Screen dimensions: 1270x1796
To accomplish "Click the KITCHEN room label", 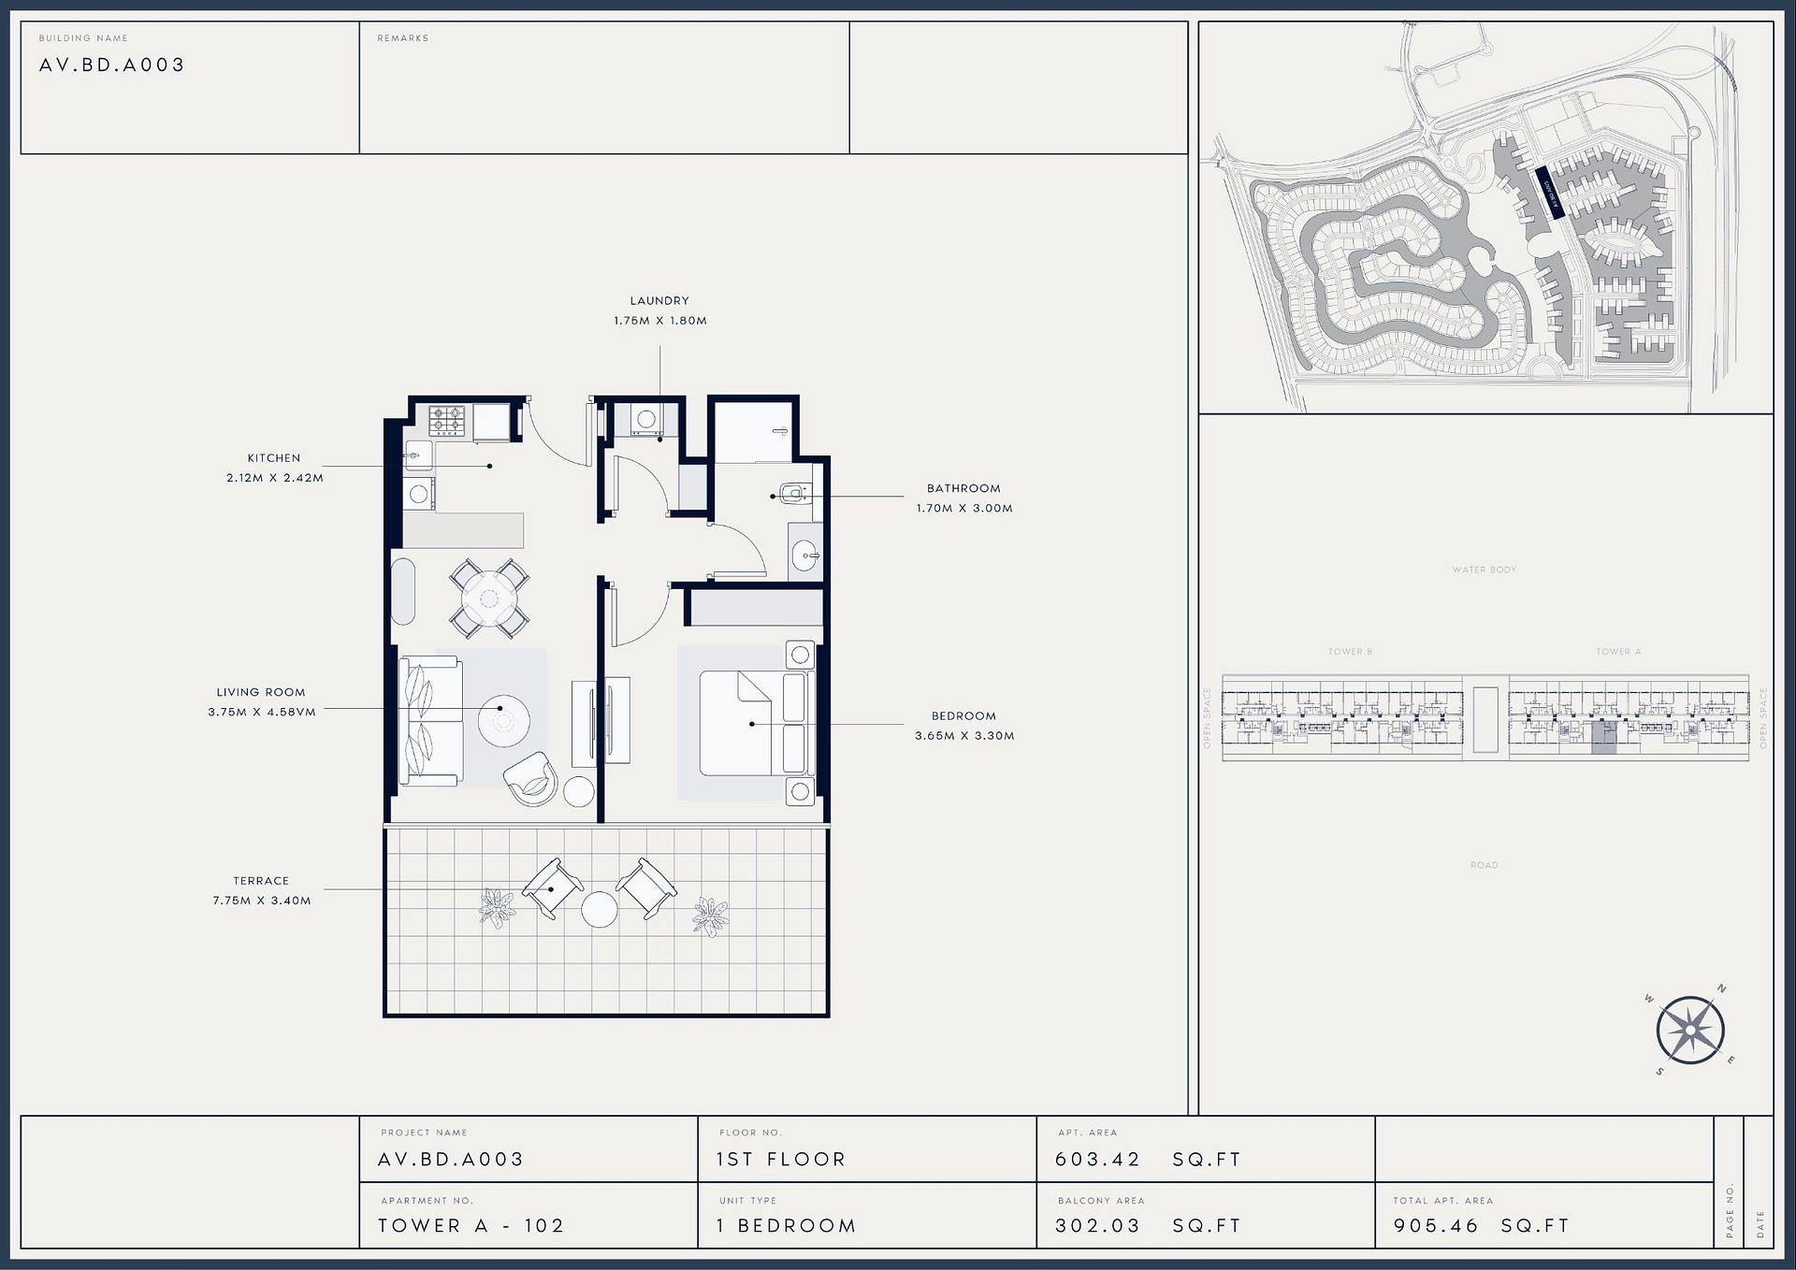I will pyautogui.click(x=274, y=458).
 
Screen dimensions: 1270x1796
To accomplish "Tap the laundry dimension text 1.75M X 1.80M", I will pyautogui.click(x=659, y=321).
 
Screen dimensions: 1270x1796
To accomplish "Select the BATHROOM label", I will pyautogui.click(x=963, y=488).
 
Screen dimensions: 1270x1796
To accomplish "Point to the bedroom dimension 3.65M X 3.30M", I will pyautogui.click(x=964, y=736).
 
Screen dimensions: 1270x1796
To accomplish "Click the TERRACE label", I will pyautogui.click(x=261, y=881).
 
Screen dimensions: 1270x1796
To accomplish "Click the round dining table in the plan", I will pyautogui.click(x=489, y=597).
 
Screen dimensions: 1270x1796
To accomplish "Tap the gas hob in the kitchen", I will pyautogui.click(x=446, y=421).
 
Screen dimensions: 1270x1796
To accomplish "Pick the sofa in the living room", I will pyautogui.click(x=428, y=720).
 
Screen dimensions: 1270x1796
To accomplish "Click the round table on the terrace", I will pyautogui.click(x=599, y=909).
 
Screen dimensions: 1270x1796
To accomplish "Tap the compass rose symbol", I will pyautogui.click(x=1690, y=1031).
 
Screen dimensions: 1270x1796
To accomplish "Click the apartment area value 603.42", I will pyautogui.click(x=1097, y=1160).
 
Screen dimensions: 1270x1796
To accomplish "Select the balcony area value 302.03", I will pyautogui.click(x=1097, y=1226).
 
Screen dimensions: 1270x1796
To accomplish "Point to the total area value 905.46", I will pyautogui.click(x=1436, y=1226).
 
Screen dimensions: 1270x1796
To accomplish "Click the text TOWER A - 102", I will pyautogui.click(x=471, y=1226).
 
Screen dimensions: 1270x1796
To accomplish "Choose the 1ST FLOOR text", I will pyautogui.click(x=781, y=1160).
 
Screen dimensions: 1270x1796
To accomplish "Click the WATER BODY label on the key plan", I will pyautogui.click(x=1485, y=570).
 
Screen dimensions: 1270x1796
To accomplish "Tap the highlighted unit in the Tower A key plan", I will pyautogui.click(x=1603, y=738).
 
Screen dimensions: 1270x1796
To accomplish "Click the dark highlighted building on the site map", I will pyautogui.click(x=1550, y=193).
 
